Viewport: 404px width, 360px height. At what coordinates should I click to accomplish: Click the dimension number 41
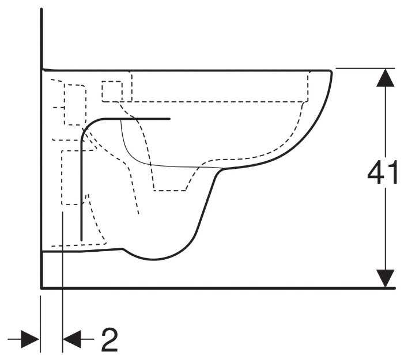pos(383,173)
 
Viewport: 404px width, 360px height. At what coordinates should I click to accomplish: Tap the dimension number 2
pos(110,340)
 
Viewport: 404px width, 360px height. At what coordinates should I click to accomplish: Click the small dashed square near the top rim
pos(112,90)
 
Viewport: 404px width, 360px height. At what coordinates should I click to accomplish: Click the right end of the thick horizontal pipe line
pos(170,119)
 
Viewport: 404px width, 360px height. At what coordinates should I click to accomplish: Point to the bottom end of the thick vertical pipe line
pos(81,238)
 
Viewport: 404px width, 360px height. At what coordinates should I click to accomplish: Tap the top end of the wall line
pos(42,10)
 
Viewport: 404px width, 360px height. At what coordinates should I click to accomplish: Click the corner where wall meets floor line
pos(42,287)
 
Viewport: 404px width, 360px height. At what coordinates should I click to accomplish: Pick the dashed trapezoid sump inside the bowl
pos(170,179)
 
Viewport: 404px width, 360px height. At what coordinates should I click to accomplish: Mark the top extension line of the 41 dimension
pos(363,68)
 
